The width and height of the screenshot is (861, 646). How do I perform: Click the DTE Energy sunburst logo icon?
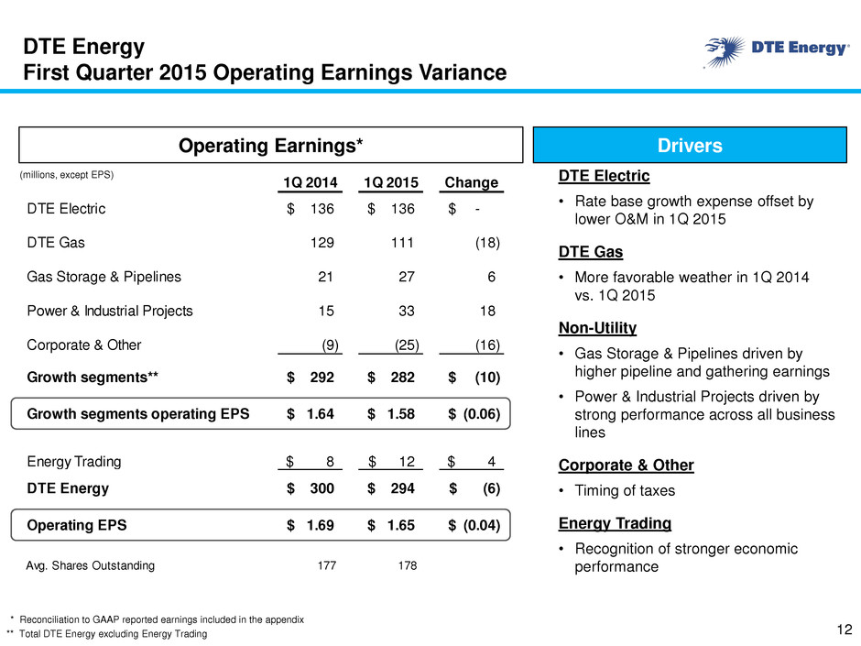tap(725, 51)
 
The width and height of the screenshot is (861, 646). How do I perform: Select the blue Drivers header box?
tap(690, 145)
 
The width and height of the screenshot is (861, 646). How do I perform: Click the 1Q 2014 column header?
tap(311, 182)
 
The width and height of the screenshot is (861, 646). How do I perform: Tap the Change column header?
tap(471, 182)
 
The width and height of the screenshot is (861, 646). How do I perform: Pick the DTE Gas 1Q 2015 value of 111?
tap(402, 243)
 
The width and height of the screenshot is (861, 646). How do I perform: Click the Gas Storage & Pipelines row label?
tap(104, 277)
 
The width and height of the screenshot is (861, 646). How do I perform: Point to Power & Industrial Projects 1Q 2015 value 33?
tap(407, 311)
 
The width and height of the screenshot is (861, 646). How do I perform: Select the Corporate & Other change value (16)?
tap(487, 345)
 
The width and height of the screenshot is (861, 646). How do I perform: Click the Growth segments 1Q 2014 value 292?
tap(322, 378)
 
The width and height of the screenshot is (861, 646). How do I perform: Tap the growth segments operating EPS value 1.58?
tap(401, 413)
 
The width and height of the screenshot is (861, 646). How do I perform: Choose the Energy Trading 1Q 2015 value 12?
tap(407, 462)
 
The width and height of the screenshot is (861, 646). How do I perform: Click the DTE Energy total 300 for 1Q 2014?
tap(322, 488)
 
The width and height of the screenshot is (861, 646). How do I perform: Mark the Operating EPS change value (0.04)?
tap(482, 525)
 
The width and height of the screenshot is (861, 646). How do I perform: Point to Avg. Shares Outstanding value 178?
tap(408, 565)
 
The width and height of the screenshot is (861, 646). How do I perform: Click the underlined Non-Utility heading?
tap(597, 328)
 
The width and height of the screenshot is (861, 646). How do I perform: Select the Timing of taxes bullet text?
tap(625, 490)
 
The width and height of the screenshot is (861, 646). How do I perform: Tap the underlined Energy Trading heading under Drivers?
tap(615, 523)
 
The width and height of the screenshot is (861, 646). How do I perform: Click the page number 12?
tap(845, 630)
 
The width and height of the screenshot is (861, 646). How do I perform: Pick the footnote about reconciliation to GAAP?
tap(161, 619)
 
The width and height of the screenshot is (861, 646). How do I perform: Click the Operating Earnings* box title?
tap(271, 146)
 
